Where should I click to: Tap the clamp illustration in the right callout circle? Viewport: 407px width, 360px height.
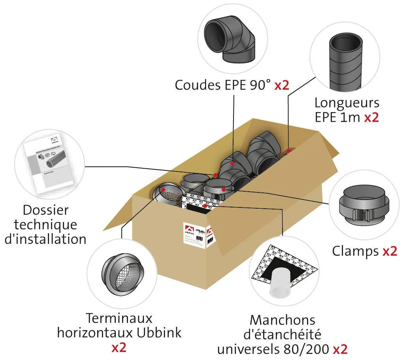pyautogui.click(x=364, y=205)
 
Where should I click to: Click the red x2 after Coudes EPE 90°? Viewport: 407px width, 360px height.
pyautogui.click(x=282, y=85)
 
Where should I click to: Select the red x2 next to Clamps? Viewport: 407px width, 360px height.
pyautogui.click(x=389, y=251)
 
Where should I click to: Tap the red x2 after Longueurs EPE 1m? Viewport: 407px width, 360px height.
pyautogui.click(x=371, y=117)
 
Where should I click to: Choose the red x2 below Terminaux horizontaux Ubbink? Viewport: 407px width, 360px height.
pyautogui.click(x=119, y=347)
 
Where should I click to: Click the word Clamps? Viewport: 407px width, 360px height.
pyautogui.click(x=355, y=251)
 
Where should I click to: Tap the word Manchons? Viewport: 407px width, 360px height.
pyautogui.click(x=282, y=320)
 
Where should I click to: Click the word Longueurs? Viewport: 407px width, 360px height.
pyautogui.click(x=347, y=103)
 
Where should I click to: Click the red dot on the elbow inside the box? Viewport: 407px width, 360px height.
pyautogui.click(x=233, y=163)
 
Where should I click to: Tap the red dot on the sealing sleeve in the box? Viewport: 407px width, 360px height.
pyautogui.click(x=205, y=206)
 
